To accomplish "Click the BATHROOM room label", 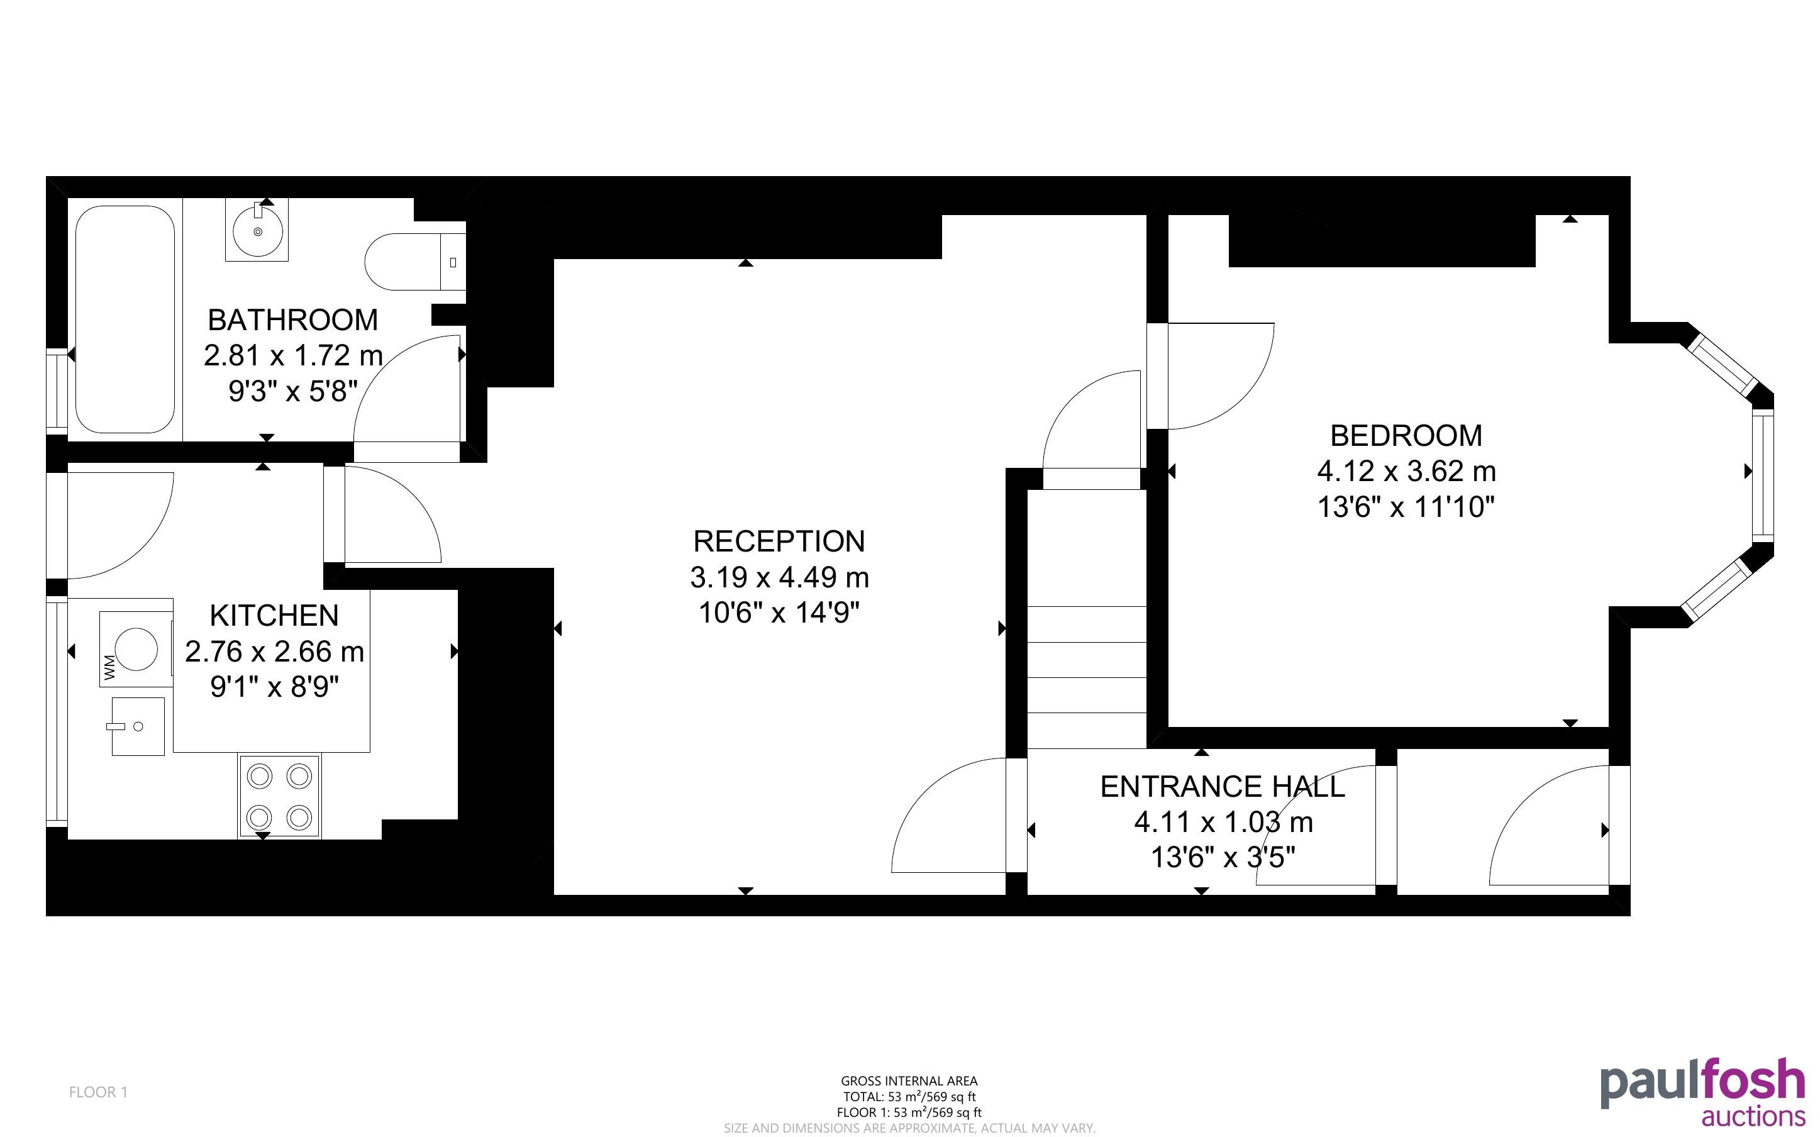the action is [292, 319].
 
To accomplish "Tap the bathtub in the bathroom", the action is [125, 319].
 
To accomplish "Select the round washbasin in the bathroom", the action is [257, 230].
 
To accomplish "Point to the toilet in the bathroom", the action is [415, 262].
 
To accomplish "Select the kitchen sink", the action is [138, 726].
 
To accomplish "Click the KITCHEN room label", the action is [274, 615].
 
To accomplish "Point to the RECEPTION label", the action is [779, 541].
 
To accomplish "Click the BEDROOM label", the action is [1406, 435].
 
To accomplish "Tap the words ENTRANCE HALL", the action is [1223, 787].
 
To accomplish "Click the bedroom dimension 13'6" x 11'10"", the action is [1406, 507].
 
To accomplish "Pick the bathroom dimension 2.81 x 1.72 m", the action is [293, 355].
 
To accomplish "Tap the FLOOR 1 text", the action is [99, 1092].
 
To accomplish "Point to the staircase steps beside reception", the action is [1086, 677].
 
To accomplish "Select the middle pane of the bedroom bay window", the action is [1763, 475].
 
